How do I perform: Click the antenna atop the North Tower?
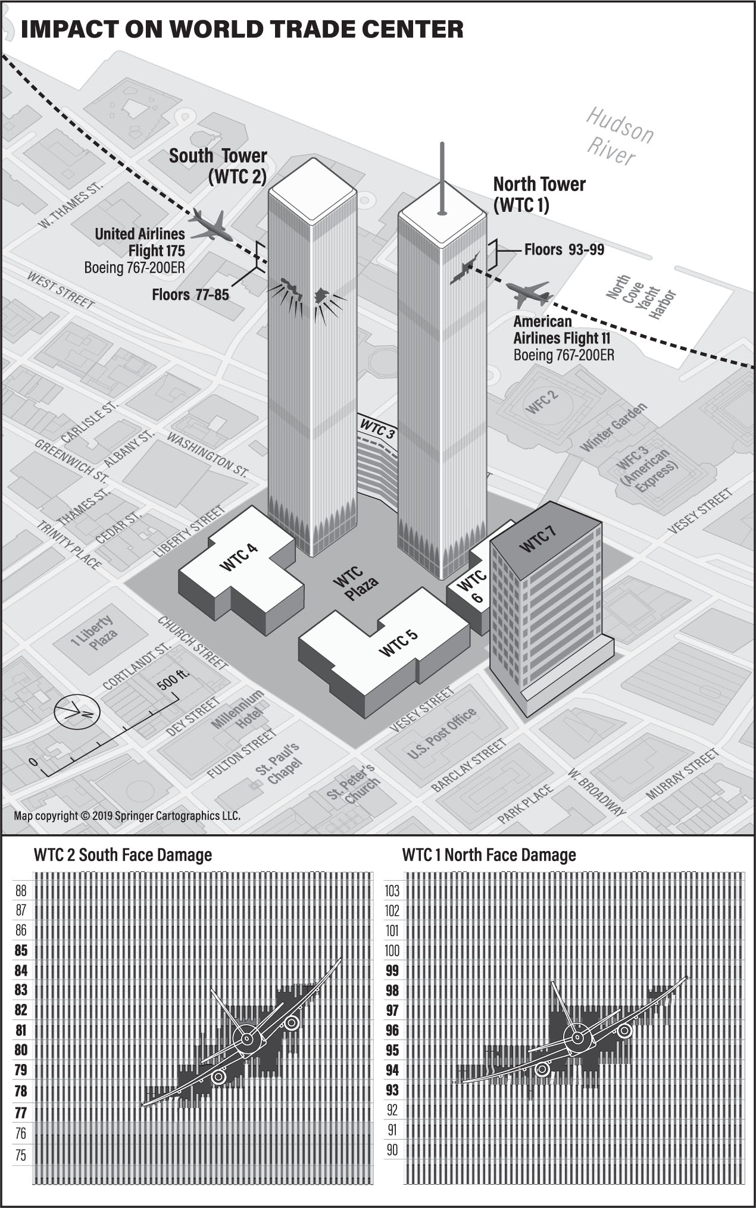pyautogui.click(x=441, y=178)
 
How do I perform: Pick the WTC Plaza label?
pyautogui.click(x=355, y=581)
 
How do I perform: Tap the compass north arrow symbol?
pyautogui.click(x=77, y=712)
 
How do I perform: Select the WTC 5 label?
pyautogui.click(x=398, y=642)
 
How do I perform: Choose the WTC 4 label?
pyautogui.click(x=239, y=557)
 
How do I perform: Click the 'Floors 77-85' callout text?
pyautogui.click(x=190, y=295)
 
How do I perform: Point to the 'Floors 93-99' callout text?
pyautogui.click(x=564, y=249)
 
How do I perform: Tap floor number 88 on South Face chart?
pyautogui.click(x=21, y=891)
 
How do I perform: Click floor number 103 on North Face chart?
pyautogui.click(x=392, y=891)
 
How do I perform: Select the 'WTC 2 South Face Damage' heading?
pyautogui.click(x=123, y=855)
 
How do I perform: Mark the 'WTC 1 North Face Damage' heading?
pyautogui.click(x=489, y=855)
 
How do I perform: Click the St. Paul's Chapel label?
pyautogui.click(x=277, y=764)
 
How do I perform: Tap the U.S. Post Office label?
pyautogui.click(x=442, y=734)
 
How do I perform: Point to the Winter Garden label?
pyautogui.click(x=613, y=427)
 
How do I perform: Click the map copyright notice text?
pyautogui.click(x=127, y=816)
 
